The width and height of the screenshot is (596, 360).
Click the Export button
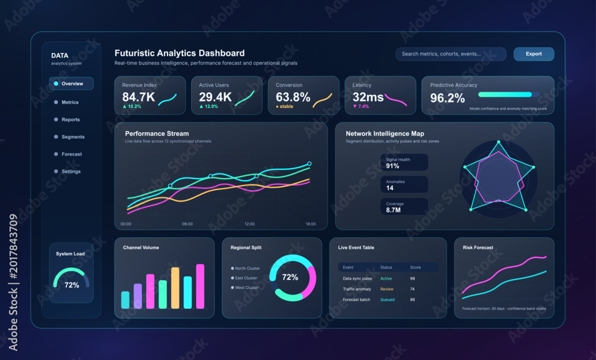(533, 54)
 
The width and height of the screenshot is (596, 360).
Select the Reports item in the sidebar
(71, 119)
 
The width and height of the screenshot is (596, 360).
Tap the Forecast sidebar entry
(72, 154)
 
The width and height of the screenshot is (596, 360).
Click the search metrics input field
(451, 54)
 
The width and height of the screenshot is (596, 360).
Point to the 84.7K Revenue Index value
(138, 97)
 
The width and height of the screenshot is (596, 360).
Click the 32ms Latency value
(368, 97)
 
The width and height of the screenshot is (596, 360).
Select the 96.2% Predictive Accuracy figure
(448, 98)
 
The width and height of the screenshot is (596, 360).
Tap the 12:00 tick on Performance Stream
(250, 224)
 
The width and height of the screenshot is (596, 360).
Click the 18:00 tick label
(311, 224)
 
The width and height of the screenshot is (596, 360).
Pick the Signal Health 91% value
(393, 166)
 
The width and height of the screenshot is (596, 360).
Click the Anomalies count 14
(390, 188)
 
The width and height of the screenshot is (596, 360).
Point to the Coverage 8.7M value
(393, 210)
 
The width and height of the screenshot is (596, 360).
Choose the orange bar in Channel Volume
(175, 288)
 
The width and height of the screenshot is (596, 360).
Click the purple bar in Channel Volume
(138, 296)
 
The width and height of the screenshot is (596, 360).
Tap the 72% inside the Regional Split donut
(290, 278)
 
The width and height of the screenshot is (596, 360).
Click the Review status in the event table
(387, 289)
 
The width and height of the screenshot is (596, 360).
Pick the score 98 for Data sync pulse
(412, 279)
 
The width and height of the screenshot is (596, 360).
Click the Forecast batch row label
(356, 300)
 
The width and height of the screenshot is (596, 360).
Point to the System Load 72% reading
(72, 285)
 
